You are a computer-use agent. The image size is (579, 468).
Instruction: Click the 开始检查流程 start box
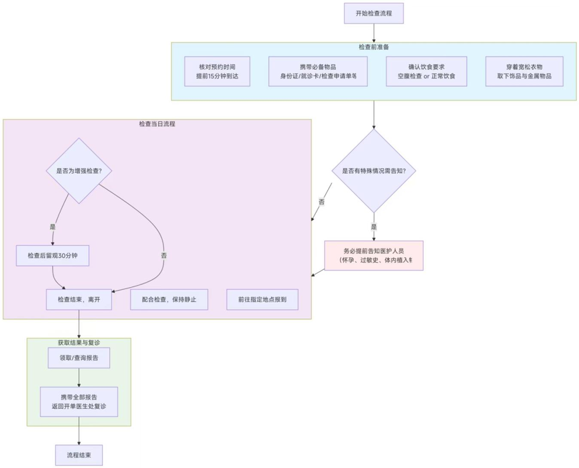coord(374,14)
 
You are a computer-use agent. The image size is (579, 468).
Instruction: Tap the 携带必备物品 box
coord(318,71)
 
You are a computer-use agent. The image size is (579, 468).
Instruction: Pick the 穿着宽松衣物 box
coord(524,71)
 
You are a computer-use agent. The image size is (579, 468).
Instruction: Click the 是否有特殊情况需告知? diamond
coord(374,171)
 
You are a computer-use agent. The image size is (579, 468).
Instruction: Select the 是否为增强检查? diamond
coord(79,171)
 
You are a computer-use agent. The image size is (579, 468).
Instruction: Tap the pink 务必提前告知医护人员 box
coord(374,256)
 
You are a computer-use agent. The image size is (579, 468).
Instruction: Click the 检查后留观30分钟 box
coord(52,256)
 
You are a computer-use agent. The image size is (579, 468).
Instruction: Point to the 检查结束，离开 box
coord(79,299)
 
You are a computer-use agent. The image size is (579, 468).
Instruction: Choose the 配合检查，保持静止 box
coord(169,299)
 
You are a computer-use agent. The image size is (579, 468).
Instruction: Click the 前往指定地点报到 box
coord(262,299)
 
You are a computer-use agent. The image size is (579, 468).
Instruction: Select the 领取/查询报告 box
coord(79,358)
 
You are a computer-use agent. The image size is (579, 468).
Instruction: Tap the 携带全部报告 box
coord(79,402)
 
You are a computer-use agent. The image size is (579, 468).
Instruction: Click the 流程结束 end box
coord(79,454)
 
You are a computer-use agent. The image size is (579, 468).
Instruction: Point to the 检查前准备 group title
coord(374,48)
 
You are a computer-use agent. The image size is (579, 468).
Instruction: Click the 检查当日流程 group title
coord(157,124)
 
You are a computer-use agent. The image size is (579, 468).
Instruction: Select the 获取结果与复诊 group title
coord(79,342)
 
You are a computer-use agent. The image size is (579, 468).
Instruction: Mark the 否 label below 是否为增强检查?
coord(164,256)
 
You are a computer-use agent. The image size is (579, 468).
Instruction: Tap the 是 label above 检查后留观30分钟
coord(53,227)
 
